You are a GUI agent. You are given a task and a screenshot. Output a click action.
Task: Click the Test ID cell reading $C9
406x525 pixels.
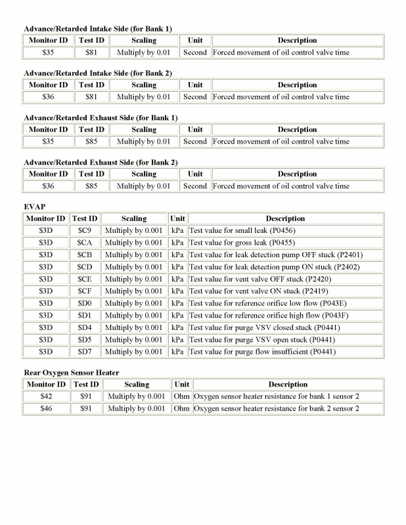(85, 230)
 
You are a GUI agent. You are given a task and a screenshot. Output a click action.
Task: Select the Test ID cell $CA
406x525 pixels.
(85, 242)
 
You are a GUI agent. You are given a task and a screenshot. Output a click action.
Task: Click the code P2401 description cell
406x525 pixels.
(275, 255)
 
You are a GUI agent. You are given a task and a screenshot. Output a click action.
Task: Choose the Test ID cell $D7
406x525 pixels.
(85, 352)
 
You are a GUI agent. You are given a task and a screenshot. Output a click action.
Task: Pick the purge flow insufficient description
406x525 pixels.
(262, 352)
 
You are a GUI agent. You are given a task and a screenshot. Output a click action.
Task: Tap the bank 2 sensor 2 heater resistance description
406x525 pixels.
(276, 408)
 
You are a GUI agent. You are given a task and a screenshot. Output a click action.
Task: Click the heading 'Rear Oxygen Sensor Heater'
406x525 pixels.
(71, 372)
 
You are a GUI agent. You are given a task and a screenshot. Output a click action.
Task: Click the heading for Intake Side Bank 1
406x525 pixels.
(97, 28)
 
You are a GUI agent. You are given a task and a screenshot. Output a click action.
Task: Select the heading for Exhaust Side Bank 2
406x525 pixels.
(101, 162)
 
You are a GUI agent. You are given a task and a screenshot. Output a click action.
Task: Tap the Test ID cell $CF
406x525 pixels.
(85, 291)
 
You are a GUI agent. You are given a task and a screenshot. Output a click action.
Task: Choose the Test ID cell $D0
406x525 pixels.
(85, 303)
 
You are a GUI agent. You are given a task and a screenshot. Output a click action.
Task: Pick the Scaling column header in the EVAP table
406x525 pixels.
(134, 218)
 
